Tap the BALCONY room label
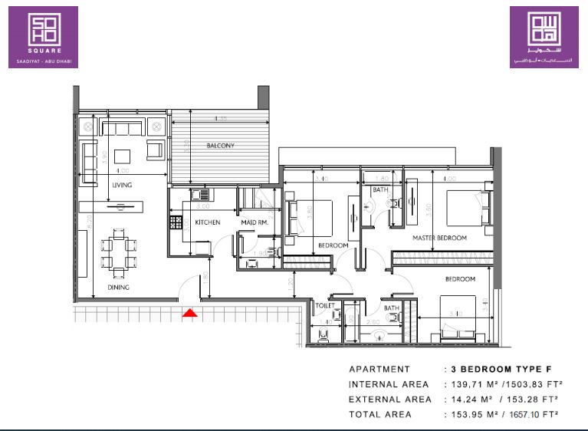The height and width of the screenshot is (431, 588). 220,146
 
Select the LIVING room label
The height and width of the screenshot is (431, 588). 122,185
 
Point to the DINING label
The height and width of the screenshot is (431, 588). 118,288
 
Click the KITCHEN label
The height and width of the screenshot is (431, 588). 207,222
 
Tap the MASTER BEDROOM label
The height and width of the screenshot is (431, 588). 439,238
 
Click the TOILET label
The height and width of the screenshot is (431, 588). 325,304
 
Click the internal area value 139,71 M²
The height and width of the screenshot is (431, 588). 473,384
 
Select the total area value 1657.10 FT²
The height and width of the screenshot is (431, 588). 528,414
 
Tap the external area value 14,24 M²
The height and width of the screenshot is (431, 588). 471,400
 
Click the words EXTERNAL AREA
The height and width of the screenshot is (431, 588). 389,400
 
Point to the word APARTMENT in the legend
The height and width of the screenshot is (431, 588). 379,369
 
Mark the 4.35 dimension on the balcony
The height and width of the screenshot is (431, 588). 221,119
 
